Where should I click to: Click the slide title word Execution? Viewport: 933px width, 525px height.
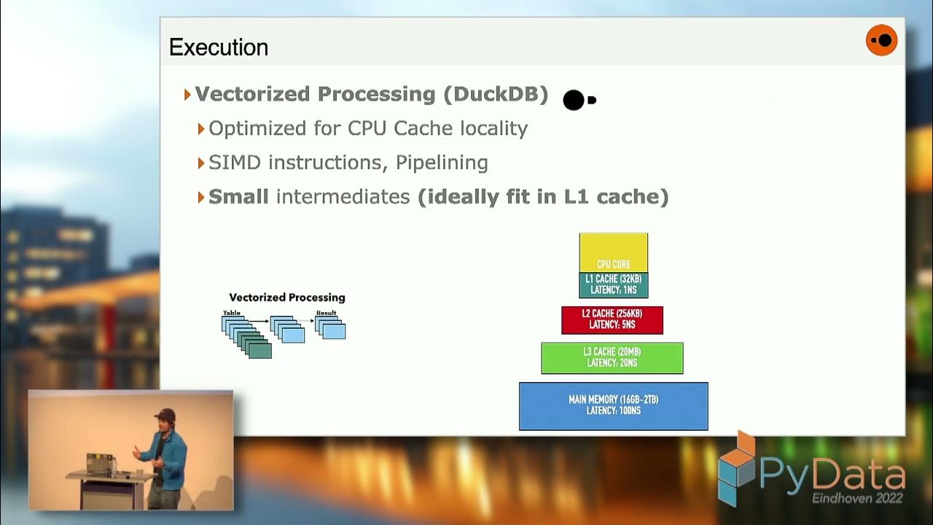(219, 47)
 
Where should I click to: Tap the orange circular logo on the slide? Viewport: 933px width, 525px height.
(881, 40)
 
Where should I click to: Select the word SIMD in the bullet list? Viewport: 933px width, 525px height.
(235, 162)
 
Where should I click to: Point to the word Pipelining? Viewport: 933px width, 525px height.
(442, 162)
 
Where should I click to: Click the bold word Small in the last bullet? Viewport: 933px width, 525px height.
(238, 196)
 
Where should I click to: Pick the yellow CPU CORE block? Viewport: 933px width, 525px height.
(613, 252)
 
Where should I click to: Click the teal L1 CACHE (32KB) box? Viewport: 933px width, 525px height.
(613, 284)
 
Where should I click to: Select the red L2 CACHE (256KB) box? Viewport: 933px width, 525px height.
(612, 319)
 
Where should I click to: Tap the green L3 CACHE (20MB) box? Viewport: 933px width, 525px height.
(612, 357)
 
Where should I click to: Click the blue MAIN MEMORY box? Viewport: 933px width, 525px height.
(613, 405)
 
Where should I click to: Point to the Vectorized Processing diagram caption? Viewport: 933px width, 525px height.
(287, 297)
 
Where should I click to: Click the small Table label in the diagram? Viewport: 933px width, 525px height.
(231, 313)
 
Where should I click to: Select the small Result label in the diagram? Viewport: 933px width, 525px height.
(326, 313)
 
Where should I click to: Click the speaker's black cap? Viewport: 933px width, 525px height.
(165, 414)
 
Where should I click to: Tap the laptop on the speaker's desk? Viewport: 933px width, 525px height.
(101, 463)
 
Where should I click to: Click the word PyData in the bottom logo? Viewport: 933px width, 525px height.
(832, 475)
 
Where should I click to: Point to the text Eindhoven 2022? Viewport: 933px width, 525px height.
(857, 499)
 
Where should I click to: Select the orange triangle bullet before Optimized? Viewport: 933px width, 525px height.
(201, 128)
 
